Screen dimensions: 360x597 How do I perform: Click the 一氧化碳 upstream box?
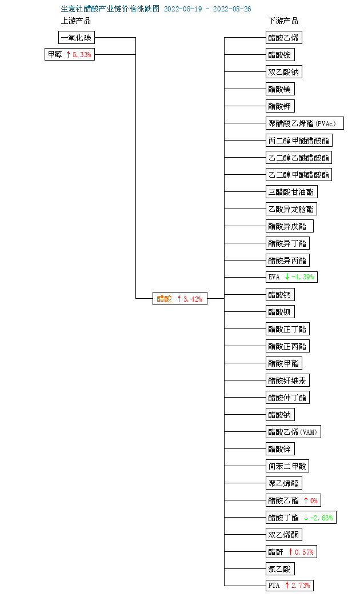[x=77, y=38]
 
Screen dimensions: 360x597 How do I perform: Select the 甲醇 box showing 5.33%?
[x=70, y=54]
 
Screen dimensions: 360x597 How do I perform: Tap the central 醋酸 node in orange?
[x=180, y=299]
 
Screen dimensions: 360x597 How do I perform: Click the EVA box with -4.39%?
[x=291, y=277]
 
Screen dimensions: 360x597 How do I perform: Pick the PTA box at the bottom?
[x=290, y=586]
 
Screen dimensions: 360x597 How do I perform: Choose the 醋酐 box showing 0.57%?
[x=291, y=552]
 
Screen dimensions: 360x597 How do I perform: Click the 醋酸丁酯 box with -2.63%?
[x=301, y=518]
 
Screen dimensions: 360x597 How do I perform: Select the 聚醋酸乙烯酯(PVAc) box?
[x=305, y=123]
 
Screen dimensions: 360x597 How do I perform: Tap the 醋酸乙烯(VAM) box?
[x=293, y=432]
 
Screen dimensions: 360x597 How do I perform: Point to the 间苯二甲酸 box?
[x=287, y=466]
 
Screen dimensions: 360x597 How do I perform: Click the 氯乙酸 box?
[x=280, y=569]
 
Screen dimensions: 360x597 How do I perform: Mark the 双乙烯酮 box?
[x=284, y=535]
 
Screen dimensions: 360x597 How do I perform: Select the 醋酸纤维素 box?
[x=287, y=380]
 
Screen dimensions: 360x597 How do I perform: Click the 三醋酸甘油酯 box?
[x=291, y=192]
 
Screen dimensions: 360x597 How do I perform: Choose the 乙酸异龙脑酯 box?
[x=291, y=209]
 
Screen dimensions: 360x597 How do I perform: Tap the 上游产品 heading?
[x=76, y=21]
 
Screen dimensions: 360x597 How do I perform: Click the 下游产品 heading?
[x=283, y=21]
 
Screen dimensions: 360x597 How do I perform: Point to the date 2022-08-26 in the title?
[x=232, y=9]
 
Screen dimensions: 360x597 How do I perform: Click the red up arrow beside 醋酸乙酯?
[x=306, y=500]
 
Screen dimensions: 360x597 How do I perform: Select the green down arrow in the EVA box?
[x=287, y=277]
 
